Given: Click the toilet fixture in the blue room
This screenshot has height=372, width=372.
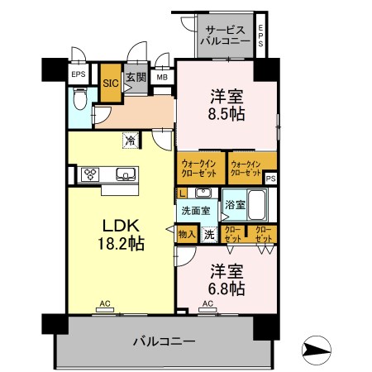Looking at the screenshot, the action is coord(80,98).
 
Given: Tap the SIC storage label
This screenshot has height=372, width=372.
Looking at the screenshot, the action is coord(111,83).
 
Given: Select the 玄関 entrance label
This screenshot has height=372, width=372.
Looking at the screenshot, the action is coord(136,77).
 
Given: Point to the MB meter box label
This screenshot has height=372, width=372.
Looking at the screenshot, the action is coord(162,78).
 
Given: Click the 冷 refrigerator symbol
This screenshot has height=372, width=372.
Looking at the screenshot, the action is coord(131,141).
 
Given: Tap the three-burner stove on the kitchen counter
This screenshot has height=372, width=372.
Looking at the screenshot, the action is coord(90,174).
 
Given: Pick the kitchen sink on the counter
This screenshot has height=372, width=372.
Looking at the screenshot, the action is coord(126,174).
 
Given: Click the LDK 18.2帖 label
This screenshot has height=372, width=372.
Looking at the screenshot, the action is coord(122,235).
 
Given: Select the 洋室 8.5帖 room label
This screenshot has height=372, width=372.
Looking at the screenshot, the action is coord(227,105).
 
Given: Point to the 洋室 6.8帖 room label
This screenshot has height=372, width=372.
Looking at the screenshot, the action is coord(227,279).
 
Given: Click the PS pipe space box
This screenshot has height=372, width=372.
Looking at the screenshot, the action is coord(270,179).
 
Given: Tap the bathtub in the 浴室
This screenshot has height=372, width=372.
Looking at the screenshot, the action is coord(257,204).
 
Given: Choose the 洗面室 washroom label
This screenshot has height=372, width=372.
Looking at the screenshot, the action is coord(196,211).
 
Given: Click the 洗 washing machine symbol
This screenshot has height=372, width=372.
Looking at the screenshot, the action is coord(209,235).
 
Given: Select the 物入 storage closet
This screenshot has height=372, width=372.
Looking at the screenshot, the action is coord(187,234).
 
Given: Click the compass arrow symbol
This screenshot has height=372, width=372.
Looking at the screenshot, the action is coord(317,351).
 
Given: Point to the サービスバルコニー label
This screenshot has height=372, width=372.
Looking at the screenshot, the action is coord(226,36).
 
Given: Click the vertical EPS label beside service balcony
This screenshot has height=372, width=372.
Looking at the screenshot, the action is coord(260,36).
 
